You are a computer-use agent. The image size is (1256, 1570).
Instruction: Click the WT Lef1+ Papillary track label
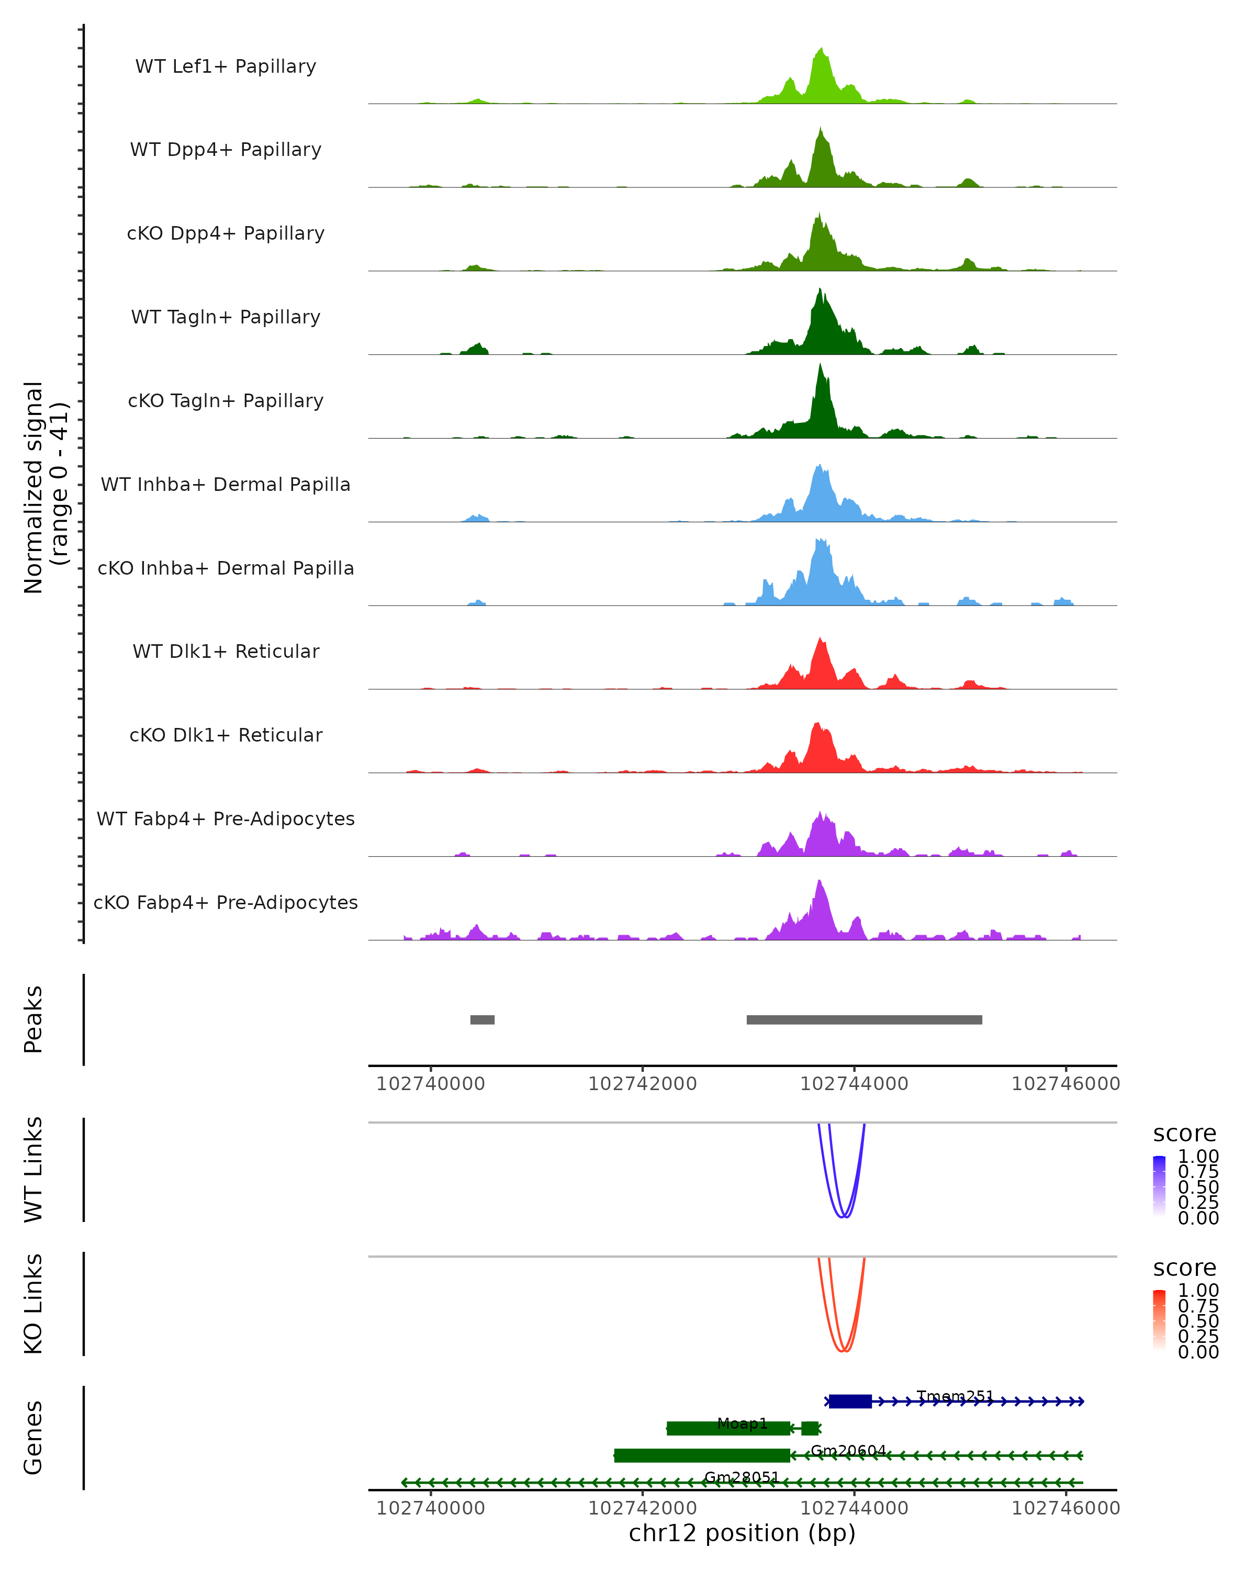click(x=226, y=66)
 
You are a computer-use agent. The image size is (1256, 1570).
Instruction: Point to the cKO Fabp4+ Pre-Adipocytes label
click(x=226, y=902)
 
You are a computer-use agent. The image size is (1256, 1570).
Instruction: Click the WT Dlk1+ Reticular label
click(x=226, y=651)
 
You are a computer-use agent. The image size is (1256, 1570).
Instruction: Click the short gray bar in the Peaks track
click(x=482, y=1019)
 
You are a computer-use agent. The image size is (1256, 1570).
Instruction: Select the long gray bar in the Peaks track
click(x=863, y=1019)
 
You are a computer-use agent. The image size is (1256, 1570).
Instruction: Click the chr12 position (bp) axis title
click(x=742, y=1533)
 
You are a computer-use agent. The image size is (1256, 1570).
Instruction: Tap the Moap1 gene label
click(x=742, y=1423)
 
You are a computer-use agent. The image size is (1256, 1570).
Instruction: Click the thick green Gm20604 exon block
click(x=702, y=1456)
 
